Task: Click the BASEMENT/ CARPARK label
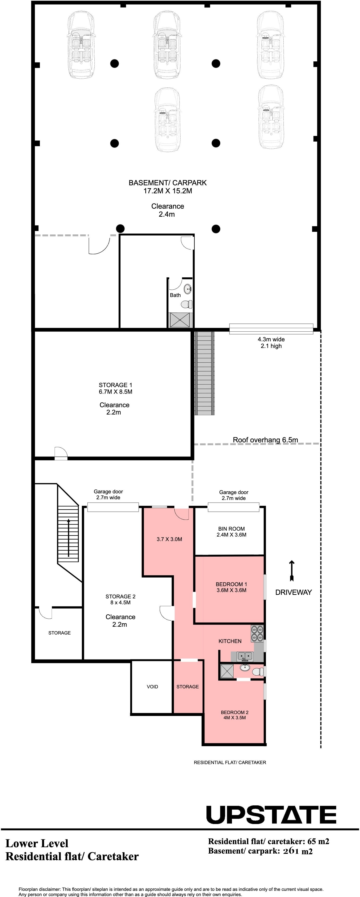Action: click(167, 182)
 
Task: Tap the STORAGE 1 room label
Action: click(115, 385)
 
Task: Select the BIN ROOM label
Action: click(231, 529)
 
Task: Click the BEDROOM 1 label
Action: click(231, 584)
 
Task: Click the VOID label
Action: click(152, 686)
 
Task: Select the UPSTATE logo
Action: click(271, 814)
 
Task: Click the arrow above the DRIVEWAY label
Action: click(292, 571)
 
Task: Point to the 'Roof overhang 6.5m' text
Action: click(265, 440)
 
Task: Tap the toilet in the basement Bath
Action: click(187, 304)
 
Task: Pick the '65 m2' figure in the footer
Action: click(318, 841)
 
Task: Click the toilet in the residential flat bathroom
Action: click(258, 672)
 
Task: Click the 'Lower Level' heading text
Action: click(37, 843)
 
